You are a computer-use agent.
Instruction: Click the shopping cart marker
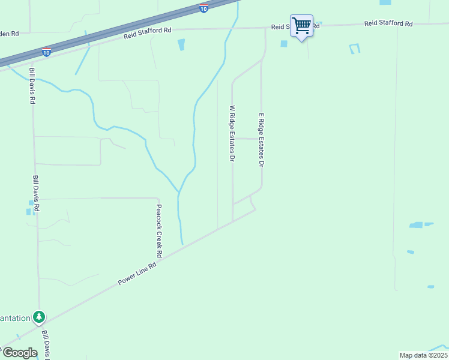(301, 25)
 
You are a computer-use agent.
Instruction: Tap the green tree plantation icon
(40, 316)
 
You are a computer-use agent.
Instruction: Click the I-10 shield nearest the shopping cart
(204, 8)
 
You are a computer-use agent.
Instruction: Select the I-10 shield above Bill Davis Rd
(46, 52)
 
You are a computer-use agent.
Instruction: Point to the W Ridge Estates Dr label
(232, 134)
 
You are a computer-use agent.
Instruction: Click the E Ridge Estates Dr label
(261, 139)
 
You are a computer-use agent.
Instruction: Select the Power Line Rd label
(137, 272)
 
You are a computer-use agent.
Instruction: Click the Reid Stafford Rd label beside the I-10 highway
(148, 33)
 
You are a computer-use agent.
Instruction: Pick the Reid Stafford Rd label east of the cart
(388, 24)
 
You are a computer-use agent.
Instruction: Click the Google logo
(20, 353)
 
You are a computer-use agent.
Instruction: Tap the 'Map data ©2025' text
(424, 355)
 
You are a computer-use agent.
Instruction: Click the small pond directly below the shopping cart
(283, 43)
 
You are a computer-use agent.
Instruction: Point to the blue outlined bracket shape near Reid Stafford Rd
(354, 48)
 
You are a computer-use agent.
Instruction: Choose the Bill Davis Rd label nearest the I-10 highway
(32, 86)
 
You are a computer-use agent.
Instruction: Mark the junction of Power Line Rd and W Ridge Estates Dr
(233, 222)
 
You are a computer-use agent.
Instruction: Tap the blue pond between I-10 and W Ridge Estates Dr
(181, 44)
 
